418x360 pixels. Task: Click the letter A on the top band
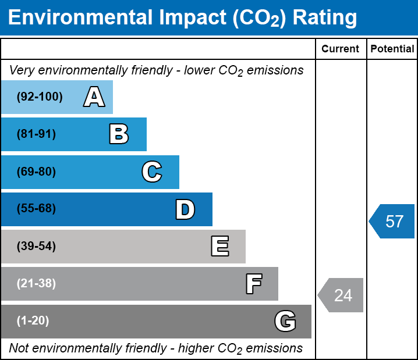tap(94, 97)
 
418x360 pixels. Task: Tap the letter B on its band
tap(119, 134)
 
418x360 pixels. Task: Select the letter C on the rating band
tap(152, 172)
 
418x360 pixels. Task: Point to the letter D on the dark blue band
tap(185, 209)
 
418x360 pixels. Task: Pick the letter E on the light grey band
tap(220, 246)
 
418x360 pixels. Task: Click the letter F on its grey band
tap(254, 284)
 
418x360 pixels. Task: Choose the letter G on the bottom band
tap(285, 321)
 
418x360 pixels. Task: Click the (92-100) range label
tap(40, 97)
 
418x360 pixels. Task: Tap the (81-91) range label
tap(36, 134)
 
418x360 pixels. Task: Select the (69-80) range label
tap(36, 172)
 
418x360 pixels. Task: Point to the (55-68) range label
tap(36, 208)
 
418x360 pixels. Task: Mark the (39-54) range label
tap(36, 246)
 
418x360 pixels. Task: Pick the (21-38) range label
tap(36, 283)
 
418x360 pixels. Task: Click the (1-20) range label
tap(33, 320)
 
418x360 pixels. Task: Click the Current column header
tap(340, 49)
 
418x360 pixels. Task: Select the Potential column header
tap(392, 49)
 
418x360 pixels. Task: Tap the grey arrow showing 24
tap(341, 295)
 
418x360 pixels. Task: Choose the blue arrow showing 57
tap(392, 221)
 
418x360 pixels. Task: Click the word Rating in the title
tap(325, 18)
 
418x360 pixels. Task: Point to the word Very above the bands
tap(22, 70)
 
